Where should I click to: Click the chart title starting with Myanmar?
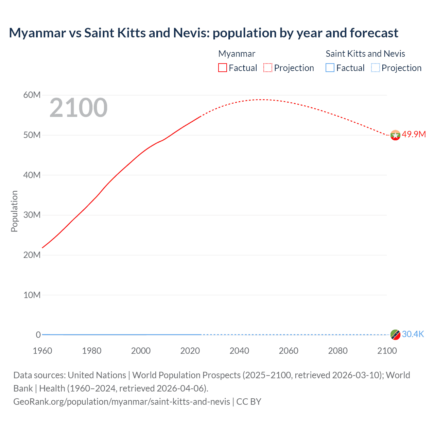203,33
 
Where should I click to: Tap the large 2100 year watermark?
79,108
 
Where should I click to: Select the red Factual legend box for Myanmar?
222,68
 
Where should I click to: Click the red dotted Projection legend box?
268,68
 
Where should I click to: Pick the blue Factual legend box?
330,68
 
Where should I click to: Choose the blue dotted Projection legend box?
375,68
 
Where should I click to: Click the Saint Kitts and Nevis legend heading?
365,54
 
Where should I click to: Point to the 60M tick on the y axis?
32,95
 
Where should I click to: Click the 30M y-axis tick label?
32,215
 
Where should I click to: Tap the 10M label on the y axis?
32,295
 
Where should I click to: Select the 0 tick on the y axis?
38,335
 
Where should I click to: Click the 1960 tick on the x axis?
42,351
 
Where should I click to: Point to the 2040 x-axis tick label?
239,351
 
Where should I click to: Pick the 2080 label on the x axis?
337,351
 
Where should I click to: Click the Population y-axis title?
14,211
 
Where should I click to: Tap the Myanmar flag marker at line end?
395,135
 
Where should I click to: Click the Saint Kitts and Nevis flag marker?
395,335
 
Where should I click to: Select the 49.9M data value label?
414,134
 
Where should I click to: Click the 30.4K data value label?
413,334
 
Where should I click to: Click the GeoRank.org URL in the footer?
122,402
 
